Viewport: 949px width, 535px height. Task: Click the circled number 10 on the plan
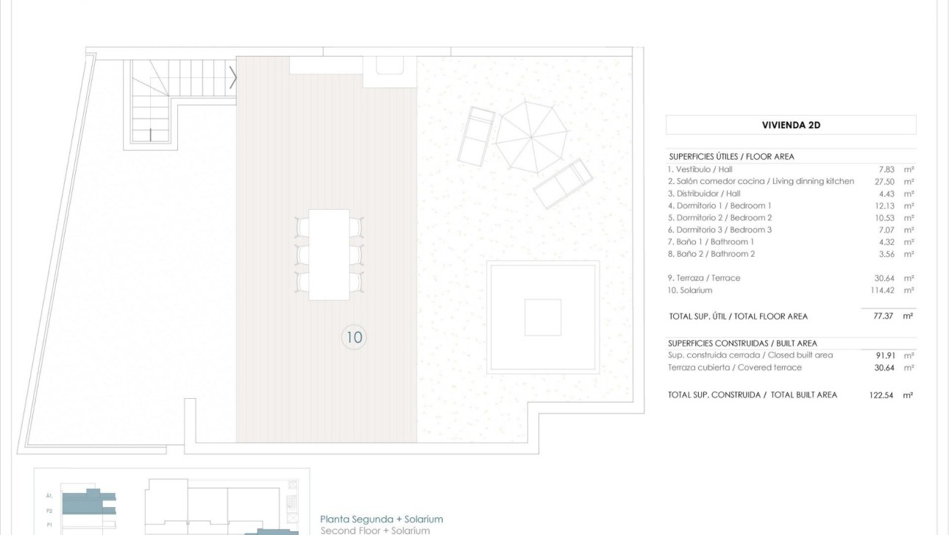click(x=354, y=337)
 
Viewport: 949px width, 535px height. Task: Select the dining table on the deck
click(x=329, y=254)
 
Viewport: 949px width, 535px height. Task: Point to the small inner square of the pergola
click(x=543, y=317)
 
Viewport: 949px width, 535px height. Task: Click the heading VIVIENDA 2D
click(x=791, y=125)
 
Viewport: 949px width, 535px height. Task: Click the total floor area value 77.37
click(x=882, y=316)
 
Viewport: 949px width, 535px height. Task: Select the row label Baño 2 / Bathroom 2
click(x=711, y=254)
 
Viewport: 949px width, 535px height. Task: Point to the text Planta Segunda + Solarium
click(x=381, y=519)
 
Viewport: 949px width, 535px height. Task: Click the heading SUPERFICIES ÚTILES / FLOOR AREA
click(x=731, y=157)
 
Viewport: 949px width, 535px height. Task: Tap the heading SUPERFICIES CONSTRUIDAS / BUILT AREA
click(x=742, y=343)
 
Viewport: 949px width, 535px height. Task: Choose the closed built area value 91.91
click(x=884, y=355)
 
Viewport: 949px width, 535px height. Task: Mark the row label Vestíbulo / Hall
click(x=700, y=169)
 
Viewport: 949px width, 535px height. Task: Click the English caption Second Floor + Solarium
click(x=375, y=530)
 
